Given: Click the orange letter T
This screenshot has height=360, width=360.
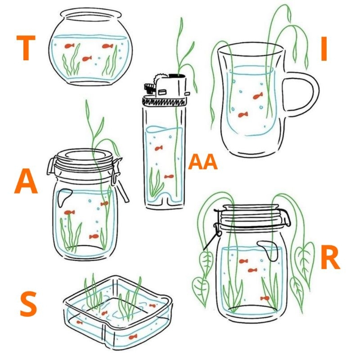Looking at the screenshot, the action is pyautogui.click(x=26, y=48).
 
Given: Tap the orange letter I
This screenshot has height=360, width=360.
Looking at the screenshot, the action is pyautogui.click(x=324, y=49).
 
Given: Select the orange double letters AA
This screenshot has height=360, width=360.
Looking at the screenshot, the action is pyautogui.click(x=203, y=162).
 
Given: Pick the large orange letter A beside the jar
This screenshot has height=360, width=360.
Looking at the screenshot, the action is pyautogui.click(x=26, y=181).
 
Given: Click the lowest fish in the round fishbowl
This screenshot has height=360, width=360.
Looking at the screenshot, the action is pyautogui.click(x=87, y=58).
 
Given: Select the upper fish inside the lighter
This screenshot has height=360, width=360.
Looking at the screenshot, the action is pyautogui.click(x=159, y=148).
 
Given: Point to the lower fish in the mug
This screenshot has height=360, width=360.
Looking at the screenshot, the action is pyautogui.click(x=243, y=114).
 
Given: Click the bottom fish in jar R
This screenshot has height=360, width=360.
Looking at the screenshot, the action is pyautogui.click(x=265, y=298).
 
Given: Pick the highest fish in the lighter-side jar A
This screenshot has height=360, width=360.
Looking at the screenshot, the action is pyautogui.click(x=104, y=203).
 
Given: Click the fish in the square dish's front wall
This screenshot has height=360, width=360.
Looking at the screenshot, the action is pyautogui.click(x=133, y=337).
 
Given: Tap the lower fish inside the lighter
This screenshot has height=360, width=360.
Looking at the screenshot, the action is pyautogui.click(x=169, y=176).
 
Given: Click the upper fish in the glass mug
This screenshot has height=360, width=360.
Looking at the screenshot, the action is pyautogui.click(x=258, y=96).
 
